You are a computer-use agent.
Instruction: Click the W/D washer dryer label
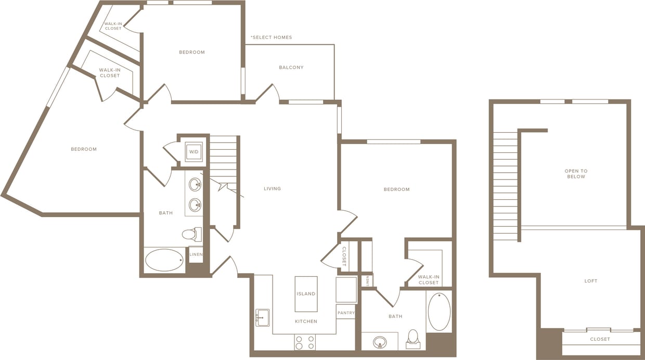193,152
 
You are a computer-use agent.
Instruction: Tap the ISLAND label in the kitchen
306,294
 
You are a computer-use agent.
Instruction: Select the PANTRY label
346,313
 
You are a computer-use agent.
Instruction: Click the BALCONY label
291,68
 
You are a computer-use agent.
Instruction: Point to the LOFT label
591,281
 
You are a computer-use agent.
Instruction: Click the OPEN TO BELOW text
576,174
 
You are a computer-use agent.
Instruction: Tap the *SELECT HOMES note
271,37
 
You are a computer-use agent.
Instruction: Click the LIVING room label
272,189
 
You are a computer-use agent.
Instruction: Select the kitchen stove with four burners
305,342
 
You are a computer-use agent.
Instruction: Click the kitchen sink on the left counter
263,317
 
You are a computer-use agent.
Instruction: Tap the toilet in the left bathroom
191,234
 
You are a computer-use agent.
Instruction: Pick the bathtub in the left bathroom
164,260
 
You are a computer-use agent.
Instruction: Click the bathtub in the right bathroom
439,312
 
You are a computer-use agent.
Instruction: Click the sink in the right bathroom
380,342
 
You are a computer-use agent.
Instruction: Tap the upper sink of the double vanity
195,185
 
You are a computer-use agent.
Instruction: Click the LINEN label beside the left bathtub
196,254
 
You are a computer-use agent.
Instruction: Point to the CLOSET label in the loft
600,339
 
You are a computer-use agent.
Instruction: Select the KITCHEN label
306,322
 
